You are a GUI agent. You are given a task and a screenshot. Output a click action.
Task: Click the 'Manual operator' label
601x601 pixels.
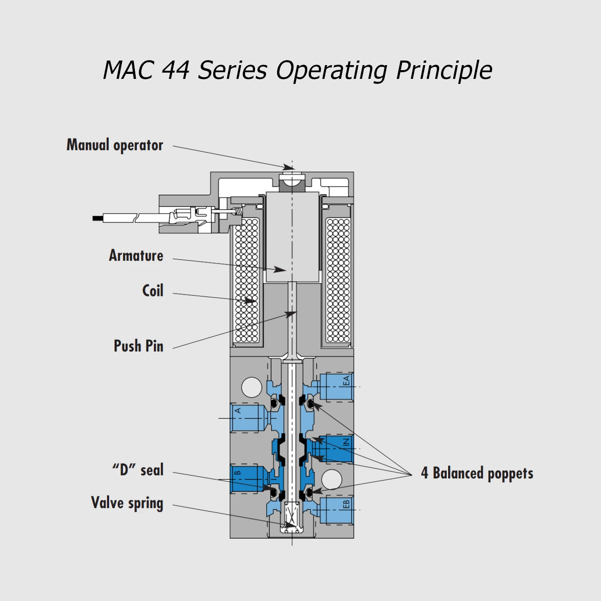point(115,145)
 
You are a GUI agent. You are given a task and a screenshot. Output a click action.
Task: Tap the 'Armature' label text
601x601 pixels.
point(136,255)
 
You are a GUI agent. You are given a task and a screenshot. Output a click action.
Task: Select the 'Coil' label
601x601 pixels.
point(153,290)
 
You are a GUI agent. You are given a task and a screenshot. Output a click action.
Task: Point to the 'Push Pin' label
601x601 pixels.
point(139,346)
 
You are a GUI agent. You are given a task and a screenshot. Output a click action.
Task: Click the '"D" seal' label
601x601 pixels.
point(138,470)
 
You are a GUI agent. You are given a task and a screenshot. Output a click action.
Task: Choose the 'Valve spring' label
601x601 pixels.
point(127,503)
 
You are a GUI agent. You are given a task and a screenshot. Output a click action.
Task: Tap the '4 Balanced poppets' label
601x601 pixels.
point(477,473)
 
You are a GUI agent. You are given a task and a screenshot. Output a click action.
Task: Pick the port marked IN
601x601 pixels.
point(334,449)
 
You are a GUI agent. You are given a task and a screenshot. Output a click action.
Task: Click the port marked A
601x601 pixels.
point(247,418)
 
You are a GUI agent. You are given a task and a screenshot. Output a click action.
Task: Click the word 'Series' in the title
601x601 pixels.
point(232,70)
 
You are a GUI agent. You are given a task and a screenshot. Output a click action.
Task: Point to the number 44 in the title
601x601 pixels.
point(175,70)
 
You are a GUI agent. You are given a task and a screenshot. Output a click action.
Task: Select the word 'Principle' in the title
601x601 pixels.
point(444,70)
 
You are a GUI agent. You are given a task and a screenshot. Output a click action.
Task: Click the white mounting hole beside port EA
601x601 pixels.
point(252,387)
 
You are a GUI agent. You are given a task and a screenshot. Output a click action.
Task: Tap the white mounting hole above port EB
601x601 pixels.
point(332,479)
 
